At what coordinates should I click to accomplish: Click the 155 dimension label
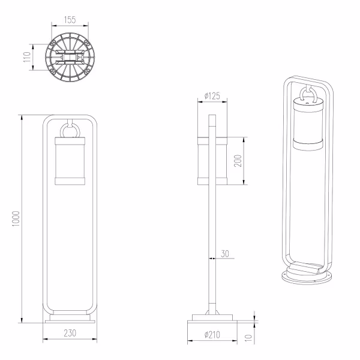(x=70, y=20)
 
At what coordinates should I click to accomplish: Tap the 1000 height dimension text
(x=16, y=219)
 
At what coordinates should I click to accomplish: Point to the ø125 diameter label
(x=211, y=95)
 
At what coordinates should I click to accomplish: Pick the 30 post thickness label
(x=225, y=254)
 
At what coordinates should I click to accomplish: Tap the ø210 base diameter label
(x=211, y=335)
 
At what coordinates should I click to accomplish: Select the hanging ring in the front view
(x=70, y=128)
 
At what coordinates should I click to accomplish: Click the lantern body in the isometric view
(x=307, y=126)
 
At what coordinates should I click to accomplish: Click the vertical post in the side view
(x=211, y=240)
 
